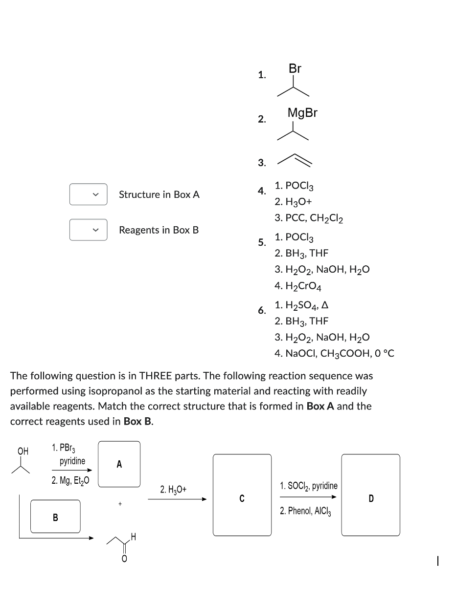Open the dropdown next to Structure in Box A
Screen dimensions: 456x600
pos(88,194)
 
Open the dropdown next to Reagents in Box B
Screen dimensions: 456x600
pos(88,230)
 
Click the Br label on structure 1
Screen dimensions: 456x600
pos(295,69)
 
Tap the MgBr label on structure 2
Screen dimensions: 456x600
pos(302,113)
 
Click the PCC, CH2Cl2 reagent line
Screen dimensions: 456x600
pos(309,218)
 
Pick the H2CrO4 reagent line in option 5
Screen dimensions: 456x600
pos(298,285)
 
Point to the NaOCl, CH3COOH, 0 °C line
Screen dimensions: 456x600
pos(334,353)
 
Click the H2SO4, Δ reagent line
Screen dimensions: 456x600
pos(301,305)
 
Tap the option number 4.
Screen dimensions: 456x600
pos(262,191)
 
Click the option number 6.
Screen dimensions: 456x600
pos(262,310)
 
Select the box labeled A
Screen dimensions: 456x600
pos(119,464)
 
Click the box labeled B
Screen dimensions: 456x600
pos(55,516)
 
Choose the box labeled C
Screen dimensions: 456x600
pos(242,494)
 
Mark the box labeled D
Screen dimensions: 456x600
pos(370,494)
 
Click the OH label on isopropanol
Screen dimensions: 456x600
pos(23,451)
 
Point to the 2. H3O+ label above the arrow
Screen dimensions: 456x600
pos(173,489)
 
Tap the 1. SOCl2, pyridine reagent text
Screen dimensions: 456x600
pos(309,486)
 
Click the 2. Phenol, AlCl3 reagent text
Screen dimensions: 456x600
pos(306,511)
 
